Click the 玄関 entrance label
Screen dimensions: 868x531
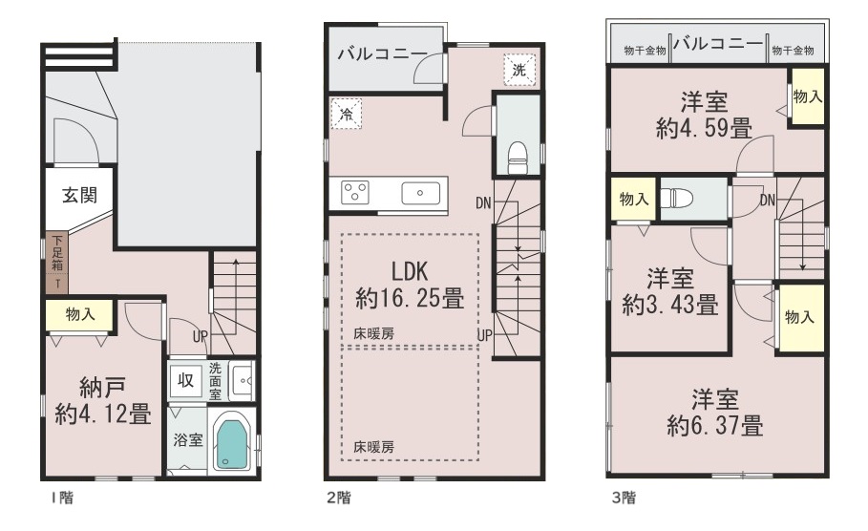pyautogui.click(x=79, y=195)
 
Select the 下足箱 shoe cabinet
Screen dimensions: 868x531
pyautogui.click(x=57, y=263)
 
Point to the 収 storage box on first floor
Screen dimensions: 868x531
pyautogui.click(x=185, y=380)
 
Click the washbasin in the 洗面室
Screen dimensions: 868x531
pyautogui.click(x=243, y=380)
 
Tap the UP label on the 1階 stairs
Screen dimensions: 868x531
pyautogui.click(x=201, y=336)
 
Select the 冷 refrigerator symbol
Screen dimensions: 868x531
pyautogui.click(x=346, y=114)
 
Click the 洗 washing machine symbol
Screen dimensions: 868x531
pyautogui.click(x=519, y=70)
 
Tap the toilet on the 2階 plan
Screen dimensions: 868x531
pyautogui.click(x=518, y=158)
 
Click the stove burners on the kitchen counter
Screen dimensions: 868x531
pyautogui.click(x=355, y=193)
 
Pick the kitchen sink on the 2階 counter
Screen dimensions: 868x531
pyautogui.click(x=421, y=193)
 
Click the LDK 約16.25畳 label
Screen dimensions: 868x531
pyautogui.click(x=410, y=286)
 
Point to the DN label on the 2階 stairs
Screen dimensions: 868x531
pyautogui.click(x=483, y=203)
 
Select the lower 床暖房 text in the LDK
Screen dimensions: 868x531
pyautogui.click(x=374, y=447)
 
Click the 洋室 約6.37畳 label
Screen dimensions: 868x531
pyautogui.click(x=715, y=414)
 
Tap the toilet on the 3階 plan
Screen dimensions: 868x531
pyautogui.click(x=673, y=199)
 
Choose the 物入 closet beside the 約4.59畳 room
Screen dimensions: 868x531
pyautogui.click(x=808, y=96)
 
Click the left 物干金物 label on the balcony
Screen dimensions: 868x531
pyautogui.click(x=645, y=51)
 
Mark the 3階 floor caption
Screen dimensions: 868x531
pyautogui.click(x=624, y=498)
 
